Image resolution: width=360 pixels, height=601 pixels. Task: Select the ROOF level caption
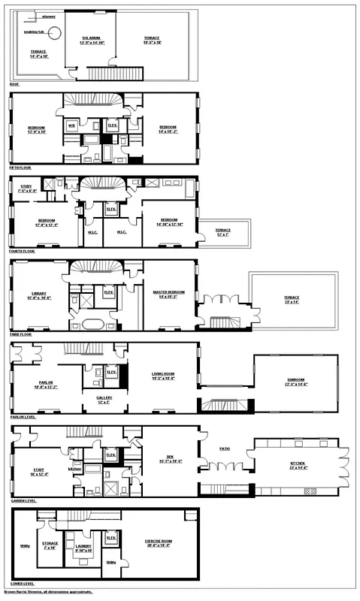pos(14,84)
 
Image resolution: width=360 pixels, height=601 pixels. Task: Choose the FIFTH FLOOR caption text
pos(23,168)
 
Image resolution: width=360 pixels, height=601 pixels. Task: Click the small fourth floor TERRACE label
pos(222,230)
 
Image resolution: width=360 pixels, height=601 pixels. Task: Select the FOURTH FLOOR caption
pos(24,251)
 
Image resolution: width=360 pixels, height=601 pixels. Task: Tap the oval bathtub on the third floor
pos(93,325)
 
